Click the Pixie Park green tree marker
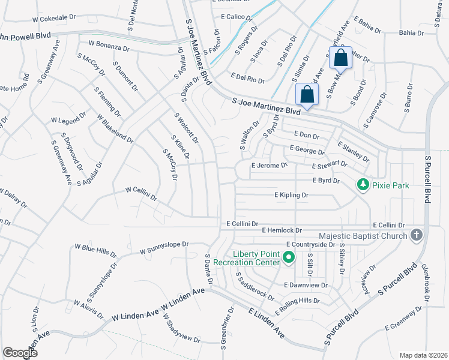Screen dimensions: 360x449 coord(362,185)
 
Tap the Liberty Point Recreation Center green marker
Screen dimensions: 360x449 coord(288,258)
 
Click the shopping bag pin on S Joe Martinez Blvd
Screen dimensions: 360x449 coord(307,95)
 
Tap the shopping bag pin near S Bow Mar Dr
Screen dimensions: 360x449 coord(340,59)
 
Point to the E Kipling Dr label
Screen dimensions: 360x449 coord(291,195)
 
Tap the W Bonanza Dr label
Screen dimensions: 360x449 coord(109,44)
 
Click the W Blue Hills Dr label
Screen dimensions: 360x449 coord(95,247)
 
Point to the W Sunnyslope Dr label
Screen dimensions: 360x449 coord(164,248)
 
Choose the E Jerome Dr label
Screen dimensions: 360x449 coord(270,164)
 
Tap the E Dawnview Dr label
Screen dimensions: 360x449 coord(306,285)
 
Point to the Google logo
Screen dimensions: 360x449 coord(20,353)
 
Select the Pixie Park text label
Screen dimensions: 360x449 coord(390,185)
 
